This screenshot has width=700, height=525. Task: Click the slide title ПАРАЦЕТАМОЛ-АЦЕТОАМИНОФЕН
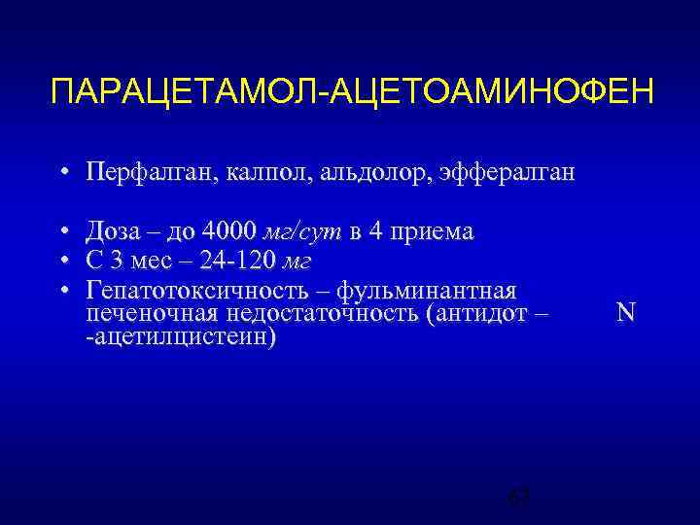(x=353, y=94)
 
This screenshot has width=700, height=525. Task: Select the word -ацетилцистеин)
(x=180, y=336)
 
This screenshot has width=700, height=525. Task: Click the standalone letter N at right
(x=626, y=312)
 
